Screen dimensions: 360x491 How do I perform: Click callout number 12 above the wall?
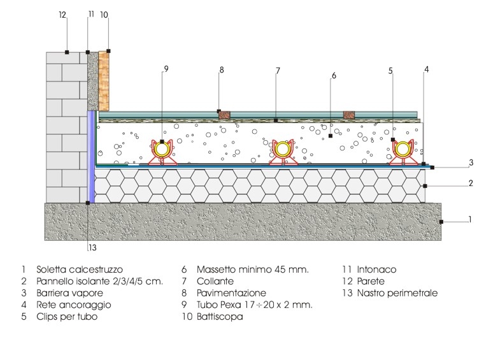point(63,14)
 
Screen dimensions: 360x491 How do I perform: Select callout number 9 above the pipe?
point(166,69)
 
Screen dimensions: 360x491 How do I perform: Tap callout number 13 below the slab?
point(92,248)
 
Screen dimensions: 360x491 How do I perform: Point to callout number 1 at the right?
point(469,219)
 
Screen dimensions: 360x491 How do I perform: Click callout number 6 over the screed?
point(333,76)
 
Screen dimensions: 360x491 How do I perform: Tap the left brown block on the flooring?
point(224,115)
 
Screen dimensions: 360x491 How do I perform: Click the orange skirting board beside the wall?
point(104,80)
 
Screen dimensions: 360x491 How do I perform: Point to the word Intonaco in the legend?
point(378,270)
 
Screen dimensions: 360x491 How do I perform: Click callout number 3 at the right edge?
point(471,162)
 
